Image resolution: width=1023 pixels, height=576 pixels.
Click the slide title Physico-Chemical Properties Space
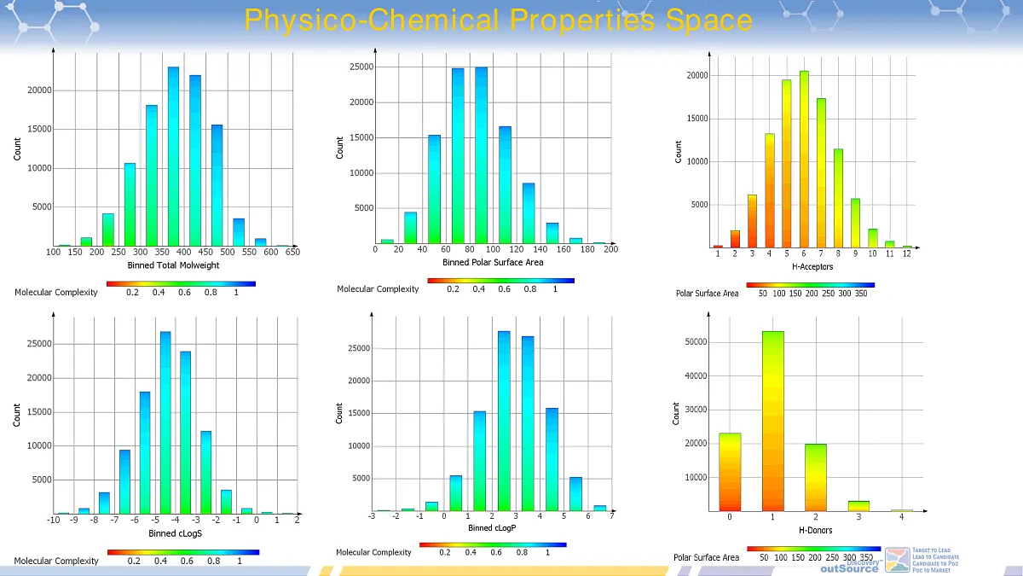pyautogui.click(x=499, y=20)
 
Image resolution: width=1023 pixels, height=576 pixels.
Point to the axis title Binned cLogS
pyautogui.click(x=175, y=532)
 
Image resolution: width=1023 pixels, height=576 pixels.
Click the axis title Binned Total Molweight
pyautogui.click(x=173, y=265)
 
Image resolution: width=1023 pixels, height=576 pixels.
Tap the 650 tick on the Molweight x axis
pyautogui.click(x=292, y=253)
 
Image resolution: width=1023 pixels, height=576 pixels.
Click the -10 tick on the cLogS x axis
pyautogui.click(x=53, y=520)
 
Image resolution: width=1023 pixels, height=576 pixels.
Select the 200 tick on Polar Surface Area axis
pyautogui.click(x=610, y=250)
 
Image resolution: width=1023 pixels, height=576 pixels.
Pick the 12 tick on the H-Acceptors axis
pyautogui.click(x=907, y=254)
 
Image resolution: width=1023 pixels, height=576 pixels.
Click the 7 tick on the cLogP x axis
pyautogui.click(x=612, y=515)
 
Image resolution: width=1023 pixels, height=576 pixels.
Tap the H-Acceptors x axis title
pyautogui.click(x=812, y=266)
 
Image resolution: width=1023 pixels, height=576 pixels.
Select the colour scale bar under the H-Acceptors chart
pyautogui.click(x=810, y=285)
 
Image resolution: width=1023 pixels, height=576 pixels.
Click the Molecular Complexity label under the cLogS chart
pyautogui.click(x=56, y=561)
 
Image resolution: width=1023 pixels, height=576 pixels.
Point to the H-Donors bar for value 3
pyautogui.click(x=858, y=506)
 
